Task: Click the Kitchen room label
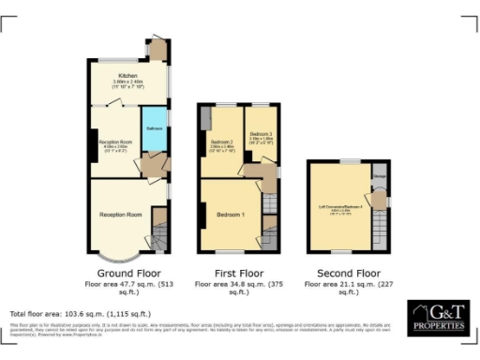coord(127,75)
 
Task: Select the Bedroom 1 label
coord(231,215)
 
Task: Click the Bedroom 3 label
coord(262,135)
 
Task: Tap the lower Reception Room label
coord(120,215)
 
